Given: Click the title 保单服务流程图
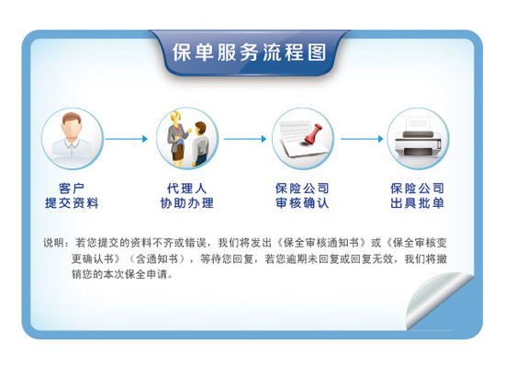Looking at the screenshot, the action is pyautogui.click(x=250, y=52).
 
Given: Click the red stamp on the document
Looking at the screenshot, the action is pyautogui.click(x=314, y=134).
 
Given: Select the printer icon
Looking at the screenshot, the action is pyautogui.click(x=418, y=139).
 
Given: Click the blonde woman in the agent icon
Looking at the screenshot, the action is pyautogui.click(x=176, y=139).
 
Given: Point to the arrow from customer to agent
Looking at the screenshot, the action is pyautogui.click(x=127, y=139).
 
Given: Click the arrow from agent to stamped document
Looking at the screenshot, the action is pyautogui.click(x=245, y=139).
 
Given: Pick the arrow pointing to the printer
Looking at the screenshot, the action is pyautogui.click(x=362, y=139).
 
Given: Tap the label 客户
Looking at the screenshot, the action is pyautogui.click(x=72, y=189).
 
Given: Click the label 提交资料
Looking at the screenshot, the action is pyautogui.click(x=72, y=203).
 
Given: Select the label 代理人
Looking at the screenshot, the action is pyautogui.click(x=186, y=189).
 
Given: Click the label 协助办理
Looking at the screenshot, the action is pyautogui.click(x=186, y=203).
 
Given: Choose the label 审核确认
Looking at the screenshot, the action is pyautogui.click(x=302, y=203).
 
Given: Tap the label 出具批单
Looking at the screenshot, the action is pyautogui.click(x=418, y=203).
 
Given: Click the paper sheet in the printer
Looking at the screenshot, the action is pyautogui.click(x=418, y=124).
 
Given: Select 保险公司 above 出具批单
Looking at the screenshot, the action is pyautogui.click(x=418, y=189).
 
